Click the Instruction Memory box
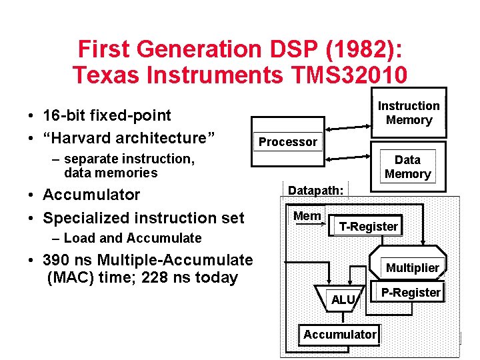[408, 113]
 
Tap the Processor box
[288, 141]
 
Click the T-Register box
[368, 226]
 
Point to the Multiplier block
[413, 267]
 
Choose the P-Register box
[411, 292]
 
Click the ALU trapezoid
[343, 300]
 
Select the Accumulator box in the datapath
[339, 334]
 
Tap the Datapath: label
[315, 190]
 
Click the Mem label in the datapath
[307, 215]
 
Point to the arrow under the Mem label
[308, 225]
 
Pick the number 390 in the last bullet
[56, 260]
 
